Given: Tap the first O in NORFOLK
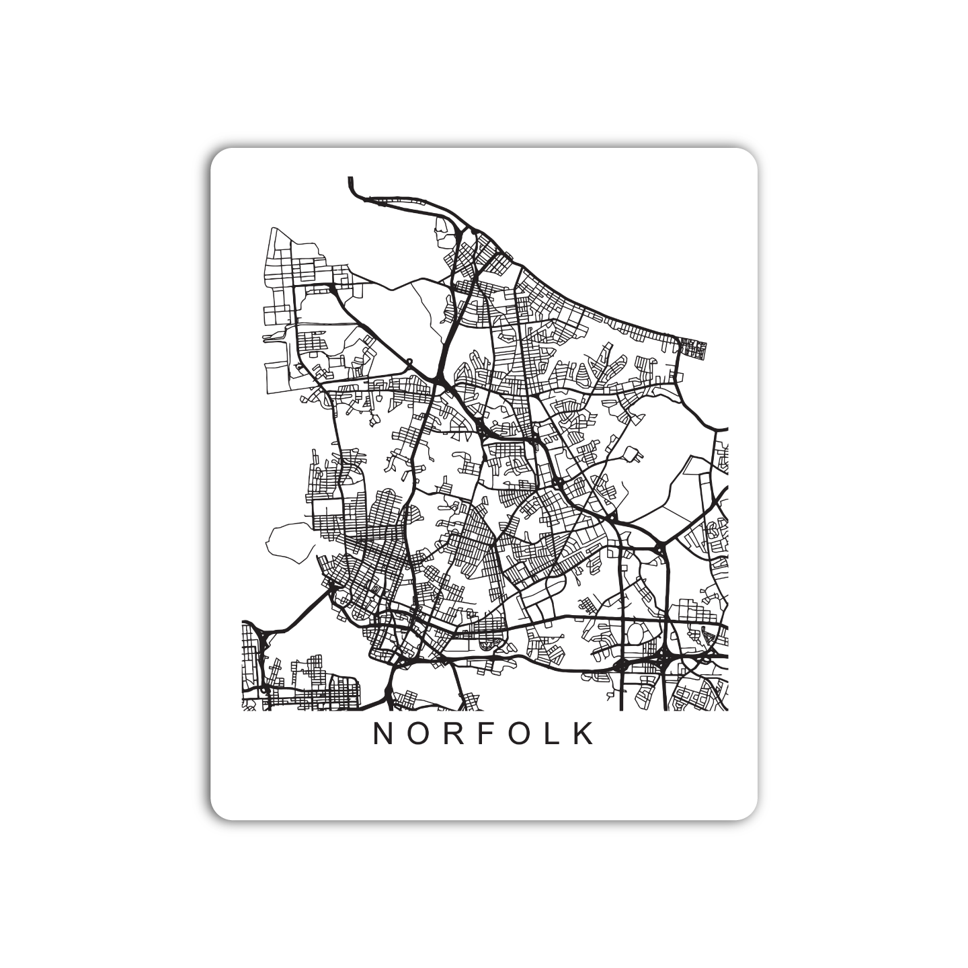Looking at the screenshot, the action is (417, 734).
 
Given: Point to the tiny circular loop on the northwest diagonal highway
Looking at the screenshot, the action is (409, 361).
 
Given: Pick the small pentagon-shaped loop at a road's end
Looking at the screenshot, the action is (633, 456).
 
